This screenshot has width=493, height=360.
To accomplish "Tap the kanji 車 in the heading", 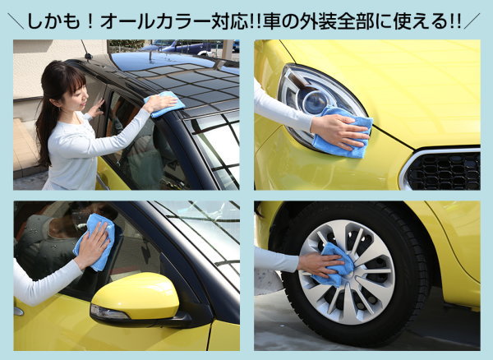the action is [x=272, y=21].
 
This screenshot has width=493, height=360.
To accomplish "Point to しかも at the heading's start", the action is [x=53, y=21].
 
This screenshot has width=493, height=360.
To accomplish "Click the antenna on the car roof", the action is [x=85, y=50].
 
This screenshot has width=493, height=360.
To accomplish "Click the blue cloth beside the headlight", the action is [x=343, y=132].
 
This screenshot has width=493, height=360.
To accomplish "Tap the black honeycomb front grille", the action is [x=444, y=171].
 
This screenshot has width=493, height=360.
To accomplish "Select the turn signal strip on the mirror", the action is [x=108, y=312].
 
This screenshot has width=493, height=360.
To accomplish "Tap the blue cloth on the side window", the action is [x=94, y=242].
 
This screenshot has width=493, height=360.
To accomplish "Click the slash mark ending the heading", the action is [x=472, y=21].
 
